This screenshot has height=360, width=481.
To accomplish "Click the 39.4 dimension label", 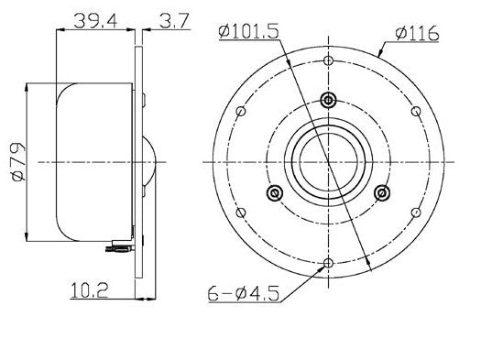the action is click(x=95, y=21).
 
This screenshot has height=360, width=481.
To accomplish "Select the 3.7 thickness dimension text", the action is click(x=174, y=21).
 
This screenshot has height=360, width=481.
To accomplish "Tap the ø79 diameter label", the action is click(x=18, y=161).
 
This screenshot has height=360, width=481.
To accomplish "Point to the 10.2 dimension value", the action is click(x=89, y=290).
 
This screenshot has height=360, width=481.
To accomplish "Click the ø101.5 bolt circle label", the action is click(x=248, y=31).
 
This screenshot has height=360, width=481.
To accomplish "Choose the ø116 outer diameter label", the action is click(x=417, y=33).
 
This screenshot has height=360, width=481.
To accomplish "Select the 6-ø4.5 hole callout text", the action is click(x=244, y=294).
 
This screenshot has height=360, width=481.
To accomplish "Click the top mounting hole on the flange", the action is click(x=329, y=60).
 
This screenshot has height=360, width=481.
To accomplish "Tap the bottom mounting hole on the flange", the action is click(x=329, y=263).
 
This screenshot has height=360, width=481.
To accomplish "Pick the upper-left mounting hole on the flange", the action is click(x=241, y=111).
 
